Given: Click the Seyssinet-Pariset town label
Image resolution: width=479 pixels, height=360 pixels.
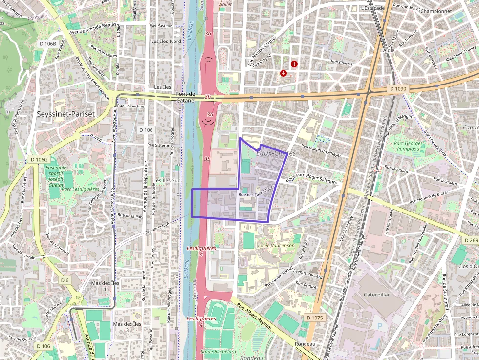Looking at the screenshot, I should coord(66,114).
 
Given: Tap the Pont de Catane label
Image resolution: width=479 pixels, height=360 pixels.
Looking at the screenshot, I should coord(185,97).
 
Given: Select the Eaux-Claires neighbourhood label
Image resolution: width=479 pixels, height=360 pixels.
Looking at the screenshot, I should coord(276,153).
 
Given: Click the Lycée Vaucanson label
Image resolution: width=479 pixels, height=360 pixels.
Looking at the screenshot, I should coord(276,245).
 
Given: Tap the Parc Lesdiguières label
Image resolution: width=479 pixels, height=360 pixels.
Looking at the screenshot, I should coord(81,189).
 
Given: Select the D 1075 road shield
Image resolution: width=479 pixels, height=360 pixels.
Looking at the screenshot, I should coord(315,318).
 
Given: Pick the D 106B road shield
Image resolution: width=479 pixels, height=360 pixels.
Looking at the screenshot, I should coord(47,44).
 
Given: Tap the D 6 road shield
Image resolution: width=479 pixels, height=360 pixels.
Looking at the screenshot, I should coord(65,280).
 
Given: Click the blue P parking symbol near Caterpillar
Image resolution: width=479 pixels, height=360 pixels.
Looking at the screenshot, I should coord(378,325).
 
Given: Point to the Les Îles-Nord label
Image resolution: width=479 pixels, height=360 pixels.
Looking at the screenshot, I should coord(166,42).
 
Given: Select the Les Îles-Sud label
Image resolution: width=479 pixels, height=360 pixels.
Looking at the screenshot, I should coord(167,180).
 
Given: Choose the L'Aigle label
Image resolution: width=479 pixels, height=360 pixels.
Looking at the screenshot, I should coord(387,50).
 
